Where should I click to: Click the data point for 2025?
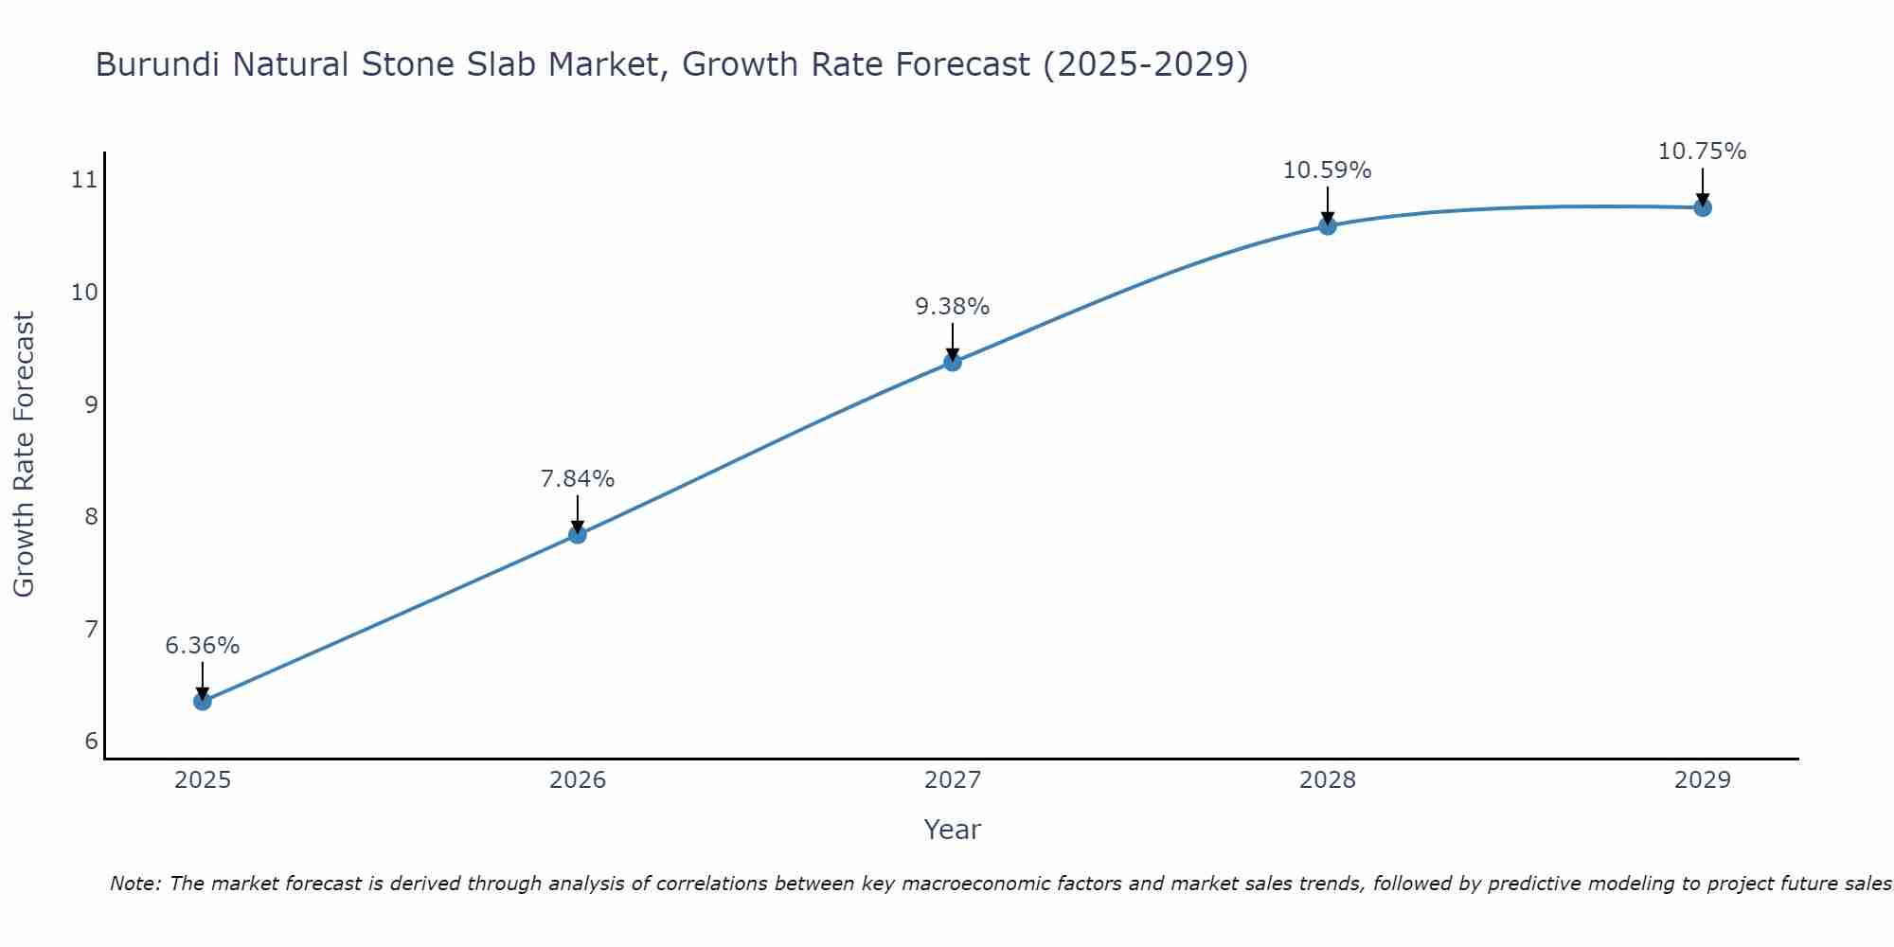click(203, 701)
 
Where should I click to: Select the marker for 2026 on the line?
click(578, 534)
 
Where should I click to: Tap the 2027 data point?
click(953, 362)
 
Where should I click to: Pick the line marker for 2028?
click(1328, 225)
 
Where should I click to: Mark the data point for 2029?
click(1703, 207)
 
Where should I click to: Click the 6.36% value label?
click(203, 646)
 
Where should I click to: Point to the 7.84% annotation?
click(578, 479)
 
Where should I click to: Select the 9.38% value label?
click(953, 307)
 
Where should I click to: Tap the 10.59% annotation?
click(1328, 170)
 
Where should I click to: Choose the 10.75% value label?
click(1703, 152)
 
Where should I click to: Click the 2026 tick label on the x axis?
click(578, 780)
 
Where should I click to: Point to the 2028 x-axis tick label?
click(1328, 780)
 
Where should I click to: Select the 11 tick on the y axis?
click(85, 179)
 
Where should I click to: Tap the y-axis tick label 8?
click(91, 516)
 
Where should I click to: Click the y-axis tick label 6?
click(91, 741)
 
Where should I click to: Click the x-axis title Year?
click(953, 830)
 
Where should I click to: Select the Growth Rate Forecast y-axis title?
click(25, 455)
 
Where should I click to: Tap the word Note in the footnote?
click(134, 884)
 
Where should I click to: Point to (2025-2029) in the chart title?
click(1145, 64)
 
